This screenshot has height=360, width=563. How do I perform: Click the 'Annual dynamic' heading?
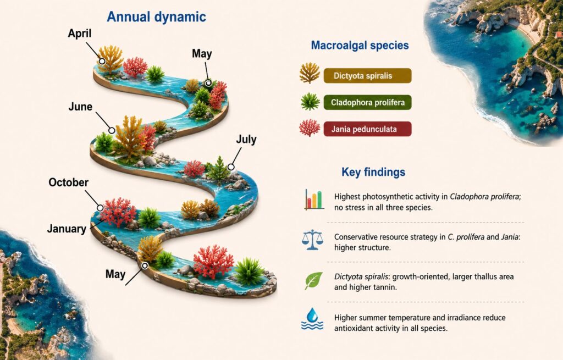(157, 17)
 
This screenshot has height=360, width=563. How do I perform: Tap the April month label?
(80, 34)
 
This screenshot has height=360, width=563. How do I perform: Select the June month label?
(80, 107)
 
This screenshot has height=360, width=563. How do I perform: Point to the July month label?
(246, 139)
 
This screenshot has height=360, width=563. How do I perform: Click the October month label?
(69, 182)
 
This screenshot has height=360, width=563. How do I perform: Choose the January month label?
(67, 229)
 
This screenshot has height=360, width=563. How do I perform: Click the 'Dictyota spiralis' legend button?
(367, 76)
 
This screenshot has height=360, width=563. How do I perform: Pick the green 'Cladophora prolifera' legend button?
(367, 102)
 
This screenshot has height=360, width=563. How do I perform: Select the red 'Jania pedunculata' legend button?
(367, 129)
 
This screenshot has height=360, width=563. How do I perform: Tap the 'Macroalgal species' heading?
(360, 45)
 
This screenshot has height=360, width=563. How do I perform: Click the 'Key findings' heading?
(373, 172)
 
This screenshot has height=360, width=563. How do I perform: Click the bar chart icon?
(314, 200)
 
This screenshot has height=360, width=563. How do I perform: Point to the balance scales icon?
(312, 240)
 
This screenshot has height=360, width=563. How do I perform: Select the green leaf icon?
(313, 281)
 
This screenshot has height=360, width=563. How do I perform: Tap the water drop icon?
(312, 319)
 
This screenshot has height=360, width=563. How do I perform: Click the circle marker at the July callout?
(231, 167)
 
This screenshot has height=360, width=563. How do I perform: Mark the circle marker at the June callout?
(112, 130)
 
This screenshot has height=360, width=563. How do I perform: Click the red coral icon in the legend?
(310, 129)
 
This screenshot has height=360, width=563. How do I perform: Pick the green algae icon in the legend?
(310, 102)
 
